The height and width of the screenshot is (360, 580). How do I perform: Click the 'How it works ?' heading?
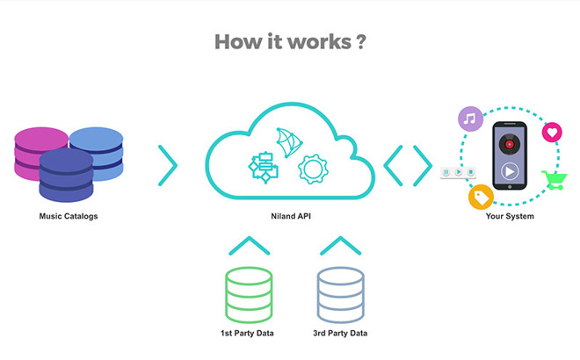click(x=290, y=41)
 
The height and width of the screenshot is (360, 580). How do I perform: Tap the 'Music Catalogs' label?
click(x=69, y=216)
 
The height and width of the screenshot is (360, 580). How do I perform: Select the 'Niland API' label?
click(x=291, y=216)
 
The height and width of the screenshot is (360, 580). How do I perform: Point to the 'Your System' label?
click(x=510, y=216)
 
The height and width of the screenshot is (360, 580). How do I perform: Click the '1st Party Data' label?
click(x=247, y=333)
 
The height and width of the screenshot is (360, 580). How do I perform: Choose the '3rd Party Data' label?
click(x=340, y=333)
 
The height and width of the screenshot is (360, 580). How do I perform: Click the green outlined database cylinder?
click(x=249, y=294)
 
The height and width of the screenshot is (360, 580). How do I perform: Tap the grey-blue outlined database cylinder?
click(x=341, y=294)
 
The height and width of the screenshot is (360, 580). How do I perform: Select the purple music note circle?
click(x=470, y=119)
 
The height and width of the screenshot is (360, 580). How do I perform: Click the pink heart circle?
click(x=552, y=133)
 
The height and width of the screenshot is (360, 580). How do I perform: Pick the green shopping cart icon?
click(x=555, y=180)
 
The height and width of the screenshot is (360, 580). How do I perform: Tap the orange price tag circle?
click(x=481, y=197)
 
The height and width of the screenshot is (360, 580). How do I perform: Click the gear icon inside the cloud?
click(x=313, y=169)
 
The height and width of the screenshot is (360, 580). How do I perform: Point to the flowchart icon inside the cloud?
click(x=264, y=168)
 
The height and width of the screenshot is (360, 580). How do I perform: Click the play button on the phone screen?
click(x=510, y=171)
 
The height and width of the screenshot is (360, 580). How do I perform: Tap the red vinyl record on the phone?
click(x=510, y=144)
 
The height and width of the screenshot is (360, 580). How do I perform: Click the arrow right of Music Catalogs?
click(x=168, y=165)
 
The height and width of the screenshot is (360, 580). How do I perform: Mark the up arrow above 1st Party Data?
click(x=250, y=246)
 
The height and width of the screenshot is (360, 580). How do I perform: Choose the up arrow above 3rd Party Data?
click(x=340, y=246)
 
